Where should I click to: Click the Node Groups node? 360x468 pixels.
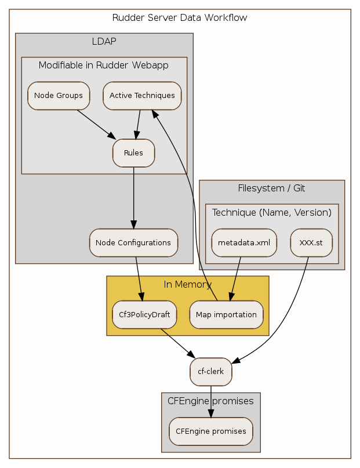[x=59, y=96]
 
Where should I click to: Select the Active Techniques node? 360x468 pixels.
[x=142, y=96]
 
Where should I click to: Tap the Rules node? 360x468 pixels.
[x=133, y=153]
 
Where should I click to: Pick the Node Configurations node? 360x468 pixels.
[x=133, y=242]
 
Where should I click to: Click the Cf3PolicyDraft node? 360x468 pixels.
[x=144, y=314]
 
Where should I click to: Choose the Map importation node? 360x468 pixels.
[x=226, y=314]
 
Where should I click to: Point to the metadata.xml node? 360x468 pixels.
[x=243, y=242]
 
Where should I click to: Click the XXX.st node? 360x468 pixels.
[x=311, y=242]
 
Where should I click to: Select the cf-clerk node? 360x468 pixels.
[x=211, y=371]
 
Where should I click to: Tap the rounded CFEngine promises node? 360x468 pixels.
[x=210, y=431]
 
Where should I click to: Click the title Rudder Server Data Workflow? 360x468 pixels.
[x=180, y=17]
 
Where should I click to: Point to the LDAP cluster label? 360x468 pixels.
[x=104, y=41]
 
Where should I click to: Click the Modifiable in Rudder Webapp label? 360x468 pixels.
[x=104, y=65]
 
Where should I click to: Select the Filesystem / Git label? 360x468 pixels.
[x=271, y=188]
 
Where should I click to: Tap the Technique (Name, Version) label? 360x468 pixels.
[x=271, y=212]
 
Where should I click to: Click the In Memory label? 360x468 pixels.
[x=187, y=284]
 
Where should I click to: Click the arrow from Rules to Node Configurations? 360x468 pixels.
[x=134, y=197]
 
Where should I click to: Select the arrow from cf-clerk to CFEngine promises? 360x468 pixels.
[x=211, y=400]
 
